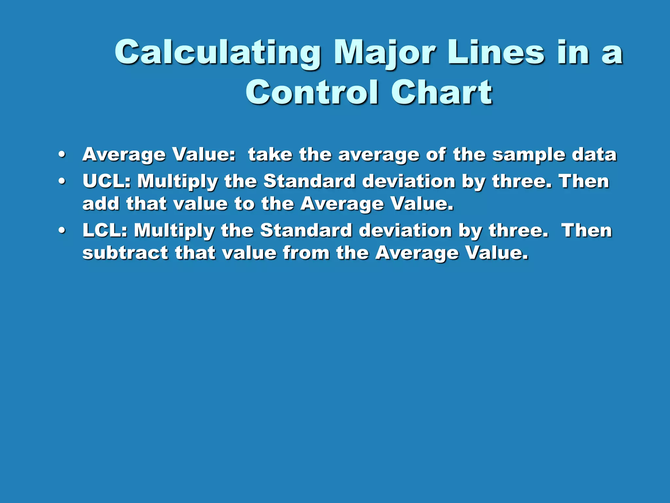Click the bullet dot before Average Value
tap(62, 155)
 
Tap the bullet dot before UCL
tap(62, 181)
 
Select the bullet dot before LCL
tap(62, 231)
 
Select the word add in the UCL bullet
tap(101, 204)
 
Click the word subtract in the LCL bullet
tap(125, 253)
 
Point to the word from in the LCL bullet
tap(306, 253)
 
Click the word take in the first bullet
tap(270, 155)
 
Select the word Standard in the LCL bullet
tap(306, 231)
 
